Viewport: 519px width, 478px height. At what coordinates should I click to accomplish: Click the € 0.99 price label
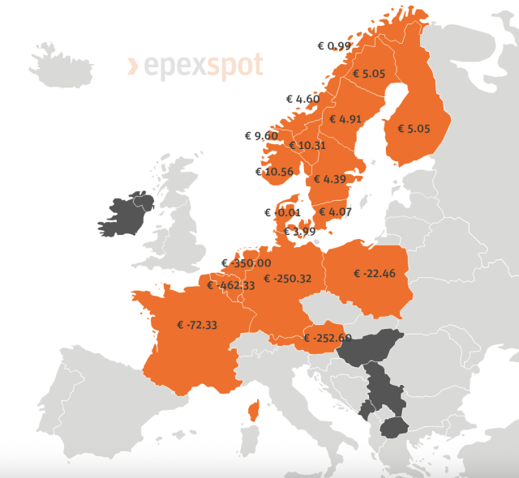(x=334, y=46)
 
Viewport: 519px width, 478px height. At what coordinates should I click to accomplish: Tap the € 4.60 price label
(x=303, y=99)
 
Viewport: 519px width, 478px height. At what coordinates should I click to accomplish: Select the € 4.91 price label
(x=345, y=119)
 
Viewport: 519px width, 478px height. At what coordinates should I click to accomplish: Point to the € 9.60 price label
(x=262, y=135)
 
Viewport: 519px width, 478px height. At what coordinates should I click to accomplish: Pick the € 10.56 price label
(x=273, y=172)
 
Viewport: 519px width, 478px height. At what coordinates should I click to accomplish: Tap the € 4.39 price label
(x=329, y=179)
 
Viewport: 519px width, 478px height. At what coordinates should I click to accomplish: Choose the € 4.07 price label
(x=334, y=212)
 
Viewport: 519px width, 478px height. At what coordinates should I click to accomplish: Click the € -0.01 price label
(x=283, y=212)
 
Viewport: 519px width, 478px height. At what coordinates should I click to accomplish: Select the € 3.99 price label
(x=299, y=232)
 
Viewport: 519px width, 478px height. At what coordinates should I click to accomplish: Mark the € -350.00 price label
(x=247, y=263)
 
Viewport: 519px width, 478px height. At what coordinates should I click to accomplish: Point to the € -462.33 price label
(x=231, y=285)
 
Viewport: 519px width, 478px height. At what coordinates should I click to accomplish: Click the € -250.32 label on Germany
(x=288, y=279)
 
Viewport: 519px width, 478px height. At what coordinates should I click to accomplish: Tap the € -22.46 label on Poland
(x=374, y=274)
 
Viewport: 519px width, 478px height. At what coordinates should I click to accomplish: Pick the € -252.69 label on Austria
(x=328, y=338)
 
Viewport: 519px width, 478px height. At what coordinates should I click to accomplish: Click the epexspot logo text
(x=195, y=65)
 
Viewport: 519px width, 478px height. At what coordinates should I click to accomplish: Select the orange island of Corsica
(x=253, y=412)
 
